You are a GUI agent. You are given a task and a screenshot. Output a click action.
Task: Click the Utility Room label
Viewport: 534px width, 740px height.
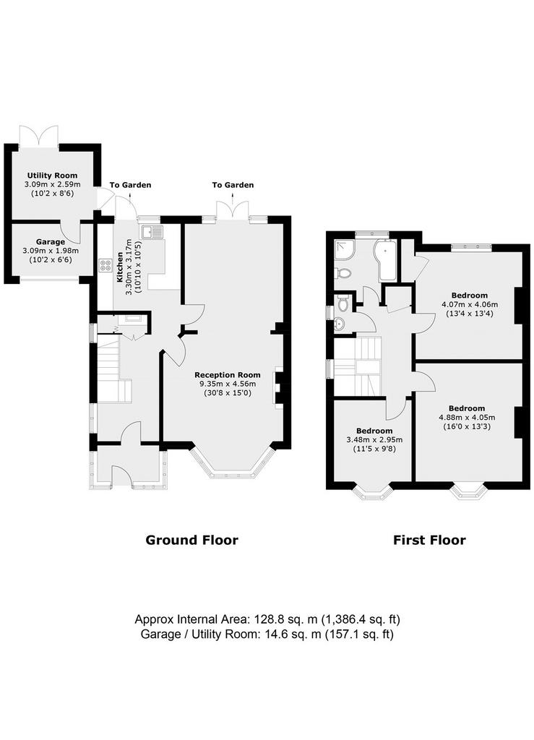pos(52,175)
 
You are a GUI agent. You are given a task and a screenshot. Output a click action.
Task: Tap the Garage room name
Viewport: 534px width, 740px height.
pos(51,242)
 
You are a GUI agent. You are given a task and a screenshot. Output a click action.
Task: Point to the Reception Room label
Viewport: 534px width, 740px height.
pos(228,375)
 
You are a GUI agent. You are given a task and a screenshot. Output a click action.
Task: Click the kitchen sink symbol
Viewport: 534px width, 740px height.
pos(151,231)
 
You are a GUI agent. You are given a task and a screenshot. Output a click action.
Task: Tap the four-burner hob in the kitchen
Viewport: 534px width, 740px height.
pos(104,266)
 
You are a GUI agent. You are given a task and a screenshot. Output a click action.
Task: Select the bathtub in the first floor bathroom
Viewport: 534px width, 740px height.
pos(386,261)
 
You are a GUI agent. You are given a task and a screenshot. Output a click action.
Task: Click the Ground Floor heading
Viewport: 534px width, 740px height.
pos(191,540)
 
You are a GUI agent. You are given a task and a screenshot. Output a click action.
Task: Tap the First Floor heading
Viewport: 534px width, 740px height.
pos(429,540)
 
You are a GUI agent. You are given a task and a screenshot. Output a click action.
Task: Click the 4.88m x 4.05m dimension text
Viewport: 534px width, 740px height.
pos(467,417)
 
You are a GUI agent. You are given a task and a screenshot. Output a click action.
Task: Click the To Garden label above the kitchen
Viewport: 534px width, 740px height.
pos(131,185)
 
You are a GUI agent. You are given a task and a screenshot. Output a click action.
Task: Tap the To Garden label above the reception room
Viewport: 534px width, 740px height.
pos(233,185)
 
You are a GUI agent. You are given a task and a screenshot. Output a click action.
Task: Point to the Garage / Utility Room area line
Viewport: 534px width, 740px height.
pos(267,634)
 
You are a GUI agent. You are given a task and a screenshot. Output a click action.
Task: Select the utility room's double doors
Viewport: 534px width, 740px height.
pos(39,136)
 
